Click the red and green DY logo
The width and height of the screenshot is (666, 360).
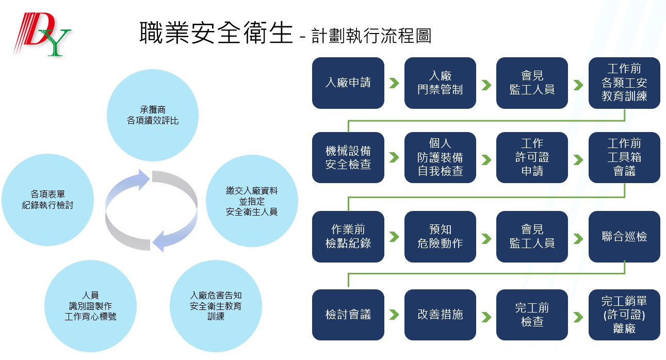click(42, 34)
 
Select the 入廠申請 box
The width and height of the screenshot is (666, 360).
click(348, 83)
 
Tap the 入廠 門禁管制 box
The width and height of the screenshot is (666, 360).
click(440, 83)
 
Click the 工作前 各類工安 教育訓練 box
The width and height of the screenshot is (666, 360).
click(624, 83)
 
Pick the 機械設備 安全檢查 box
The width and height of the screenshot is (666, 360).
click(348, 157)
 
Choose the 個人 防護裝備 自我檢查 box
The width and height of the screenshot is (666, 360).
click(440, 157)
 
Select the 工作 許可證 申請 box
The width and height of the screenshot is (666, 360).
click(532, 157)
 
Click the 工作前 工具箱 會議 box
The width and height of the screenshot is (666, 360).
click(624, 157)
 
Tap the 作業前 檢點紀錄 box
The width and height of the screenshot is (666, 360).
click(348, 237)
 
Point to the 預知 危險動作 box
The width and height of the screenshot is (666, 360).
click(440, 237)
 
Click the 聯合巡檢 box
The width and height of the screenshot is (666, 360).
click(624, 237)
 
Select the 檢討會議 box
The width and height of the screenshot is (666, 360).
click(348, 315)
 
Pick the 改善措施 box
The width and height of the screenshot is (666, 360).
click(440, 315)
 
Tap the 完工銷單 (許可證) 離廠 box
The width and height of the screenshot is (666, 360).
click(624, 315)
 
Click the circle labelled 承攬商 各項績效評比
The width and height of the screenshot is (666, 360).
click(153, 116)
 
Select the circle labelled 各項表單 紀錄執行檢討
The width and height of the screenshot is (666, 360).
click(47, 200)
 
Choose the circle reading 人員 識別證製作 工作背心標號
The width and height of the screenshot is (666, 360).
click(90, 306)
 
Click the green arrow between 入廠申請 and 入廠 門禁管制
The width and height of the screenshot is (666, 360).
click(394, 83)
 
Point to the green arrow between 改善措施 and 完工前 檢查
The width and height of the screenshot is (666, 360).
click(486, 317)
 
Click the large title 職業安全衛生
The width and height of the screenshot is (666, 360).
click(216, 32)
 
